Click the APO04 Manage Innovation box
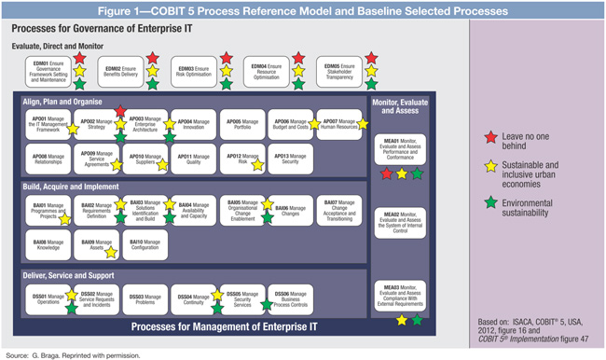click(193, 123)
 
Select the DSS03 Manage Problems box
click(143, 298)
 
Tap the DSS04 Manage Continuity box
click(193, 298)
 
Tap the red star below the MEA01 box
click(386, 173)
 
